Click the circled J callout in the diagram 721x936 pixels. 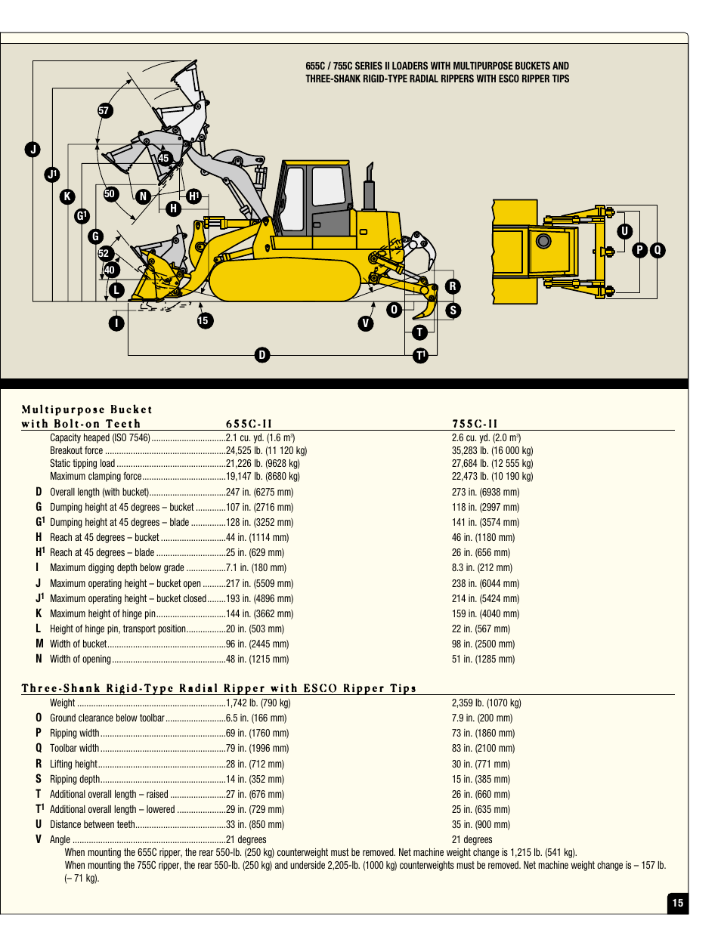coord(32,150)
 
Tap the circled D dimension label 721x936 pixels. coord(262,355)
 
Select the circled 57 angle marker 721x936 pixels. coord(104,110)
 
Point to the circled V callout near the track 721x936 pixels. coord(366,323)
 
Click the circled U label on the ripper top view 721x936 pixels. coord(624,231)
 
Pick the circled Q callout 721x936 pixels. coord(658,250)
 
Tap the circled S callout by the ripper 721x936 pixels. coord(453,310)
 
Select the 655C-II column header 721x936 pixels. coord(249,424)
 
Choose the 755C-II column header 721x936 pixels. coord(475,424)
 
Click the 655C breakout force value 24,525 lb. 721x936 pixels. coord(266,451)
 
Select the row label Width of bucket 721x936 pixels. coord(78,644)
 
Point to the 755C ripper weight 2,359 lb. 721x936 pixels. coord(486,703)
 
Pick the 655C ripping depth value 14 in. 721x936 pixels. coord(255,779)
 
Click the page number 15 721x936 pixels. coord(678,903)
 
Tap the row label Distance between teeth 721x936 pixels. coord(92,825)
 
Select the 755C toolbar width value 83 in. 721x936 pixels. coord(483,749)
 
